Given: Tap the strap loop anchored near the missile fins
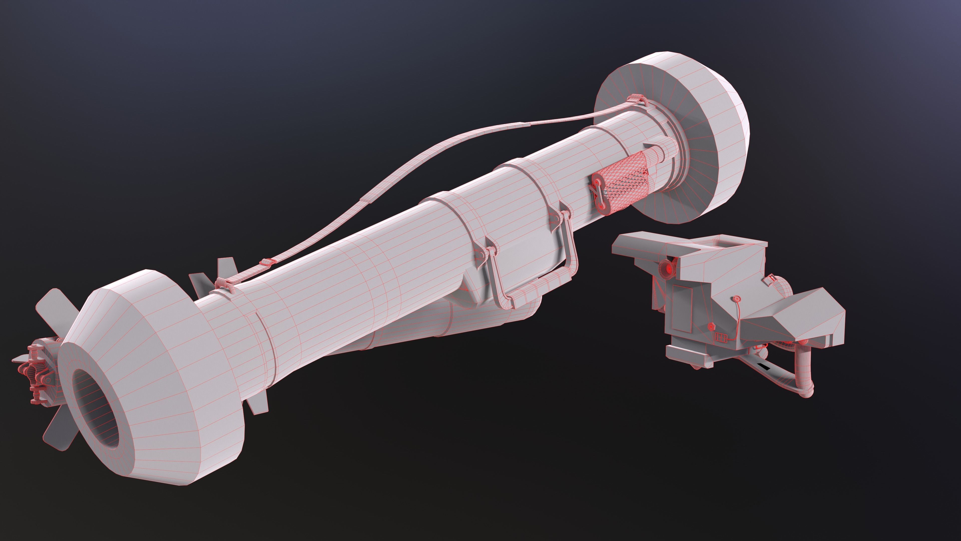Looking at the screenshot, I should click(224, 284).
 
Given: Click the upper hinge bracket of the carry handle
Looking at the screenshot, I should click(560, 217).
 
